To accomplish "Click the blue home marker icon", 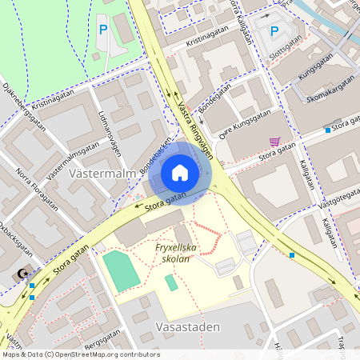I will pos(180,173).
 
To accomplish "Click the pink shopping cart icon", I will pos(275,142).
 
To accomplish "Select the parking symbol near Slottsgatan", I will pos(274,32).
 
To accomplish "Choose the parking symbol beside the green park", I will pos(102,30).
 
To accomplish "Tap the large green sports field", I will pos(121,271).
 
